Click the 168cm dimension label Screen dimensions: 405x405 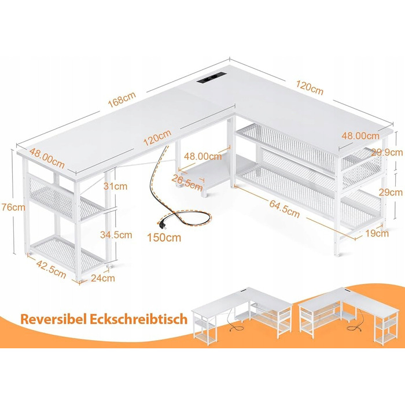[x=122, y=99]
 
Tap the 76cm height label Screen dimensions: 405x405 [x=13, y=207]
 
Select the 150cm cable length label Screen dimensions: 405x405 [x=164, y=238]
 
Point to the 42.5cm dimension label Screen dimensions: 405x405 [x=51, y=269]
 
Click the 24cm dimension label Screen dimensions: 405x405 [x=103, y=278]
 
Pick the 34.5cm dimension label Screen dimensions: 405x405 [x=116, y=235]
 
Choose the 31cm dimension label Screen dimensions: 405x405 [x=115, y=186]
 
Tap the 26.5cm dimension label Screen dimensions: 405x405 [x=187, y=183]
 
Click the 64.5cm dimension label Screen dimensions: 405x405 [x=285, y=209]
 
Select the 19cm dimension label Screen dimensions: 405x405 [x=377, y=234]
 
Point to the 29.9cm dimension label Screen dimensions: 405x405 [x=386, y=152]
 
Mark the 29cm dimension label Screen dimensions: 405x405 [x=391, y=192]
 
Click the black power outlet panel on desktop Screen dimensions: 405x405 [x=212, y=78]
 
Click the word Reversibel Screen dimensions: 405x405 [x=53, y=319]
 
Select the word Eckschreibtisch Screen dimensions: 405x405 [x=138, y=319]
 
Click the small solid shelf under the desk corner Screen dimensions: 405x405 [x=215, y=171]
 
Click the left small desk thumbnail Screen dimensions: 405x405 [x=242, y=315]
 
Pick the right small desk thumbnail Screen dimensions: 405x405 [x=348, y=316]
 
